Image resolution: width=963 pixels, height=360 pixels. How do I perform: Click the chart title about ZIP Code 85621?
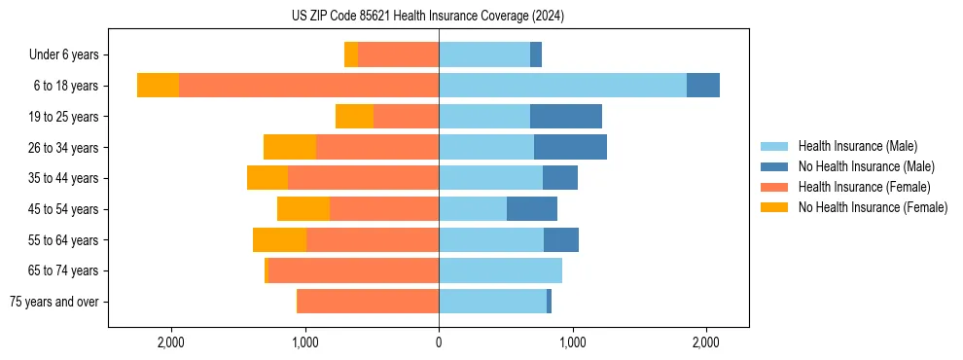click(x=427, y=16)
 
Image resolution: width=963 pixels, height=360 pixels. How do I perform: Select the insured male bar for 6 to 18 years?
click(x=562, y=86)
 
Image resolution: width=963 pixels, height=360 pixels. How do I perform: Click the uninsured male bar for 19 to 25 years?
click(x=566, y=117)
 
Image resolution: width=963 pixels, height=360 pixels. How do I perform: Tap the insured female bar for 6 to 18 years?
click(x=308, y=86)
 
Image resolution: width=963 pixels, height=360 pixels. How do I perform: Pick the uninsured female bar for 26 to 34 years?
click(x=290, y=147)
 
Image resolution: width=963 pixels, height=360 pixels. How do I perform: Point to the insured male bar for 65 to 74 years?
click(x=500, y=270)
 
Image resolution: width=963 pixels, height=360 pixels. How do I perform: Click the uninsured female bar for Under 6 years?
click(x=351, y=54)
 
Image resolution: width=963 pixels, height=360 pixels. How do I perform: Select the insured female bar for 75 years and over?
click(x=369, y=302)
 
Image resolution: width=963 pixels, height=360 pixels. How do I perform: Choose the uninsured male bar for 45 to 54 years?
click(x=532, y=209)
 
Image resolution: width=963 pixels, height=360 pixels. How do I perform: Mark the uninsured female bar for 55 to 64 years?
click(x=280, y=240)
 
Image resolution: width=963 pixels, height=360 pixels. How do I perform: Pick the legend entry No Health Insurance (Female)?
click(x=873, y=207)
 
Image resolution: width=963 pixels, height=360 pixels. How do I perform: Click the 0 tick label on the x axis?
click(x=439, y=342)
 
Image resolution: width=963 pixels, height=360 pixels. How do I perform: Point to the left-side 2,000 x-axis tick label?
click(x=171, y=342)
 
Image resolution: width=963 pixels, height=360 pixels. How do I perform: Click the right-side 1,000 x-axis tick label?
click(x=572, y=342)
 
